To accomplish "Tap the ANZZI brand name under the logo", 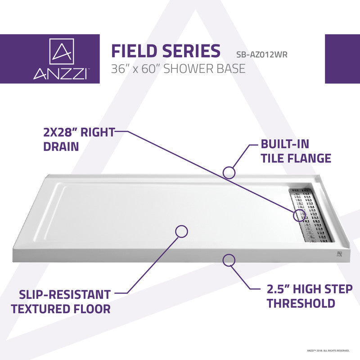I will pos(60,73).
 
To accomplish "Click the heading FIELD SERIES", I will pos(165,51).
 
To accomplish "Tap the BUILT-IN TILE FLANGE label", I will pos(296,151).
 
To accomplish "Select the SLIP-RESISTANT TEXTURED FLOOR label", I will pos(61,302).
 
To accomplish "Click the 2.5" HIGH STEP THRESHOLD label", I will pos(310,296).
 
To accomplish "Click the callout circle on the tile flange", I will pos(229,171).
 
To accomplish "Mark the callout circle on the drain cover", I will pos(300,215).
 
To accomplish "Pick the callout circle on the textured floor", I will pos(181,231).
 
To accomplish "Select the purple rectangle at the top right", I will pos(342,58).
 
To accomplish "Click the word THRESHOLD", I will pos(301,303).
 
